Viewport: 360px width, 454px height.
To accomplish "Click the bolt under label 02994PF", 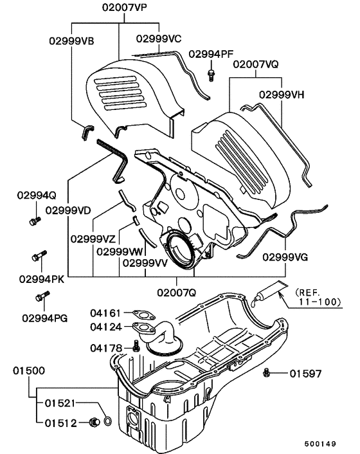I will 211,75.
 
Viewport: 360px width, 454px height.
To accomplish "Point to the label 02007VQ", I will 255,65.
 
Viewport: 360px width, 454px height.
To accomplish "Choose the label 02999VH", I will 282,94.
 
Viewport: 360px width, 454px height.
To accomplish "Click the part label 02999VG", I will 285,257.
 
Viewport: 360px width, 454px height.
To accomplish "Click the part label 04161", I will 105,314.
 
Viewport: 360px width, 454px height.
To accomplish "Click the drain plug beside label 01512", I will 93,422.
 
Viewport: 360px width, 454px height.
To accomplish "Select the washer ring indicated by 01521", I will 107,421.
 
